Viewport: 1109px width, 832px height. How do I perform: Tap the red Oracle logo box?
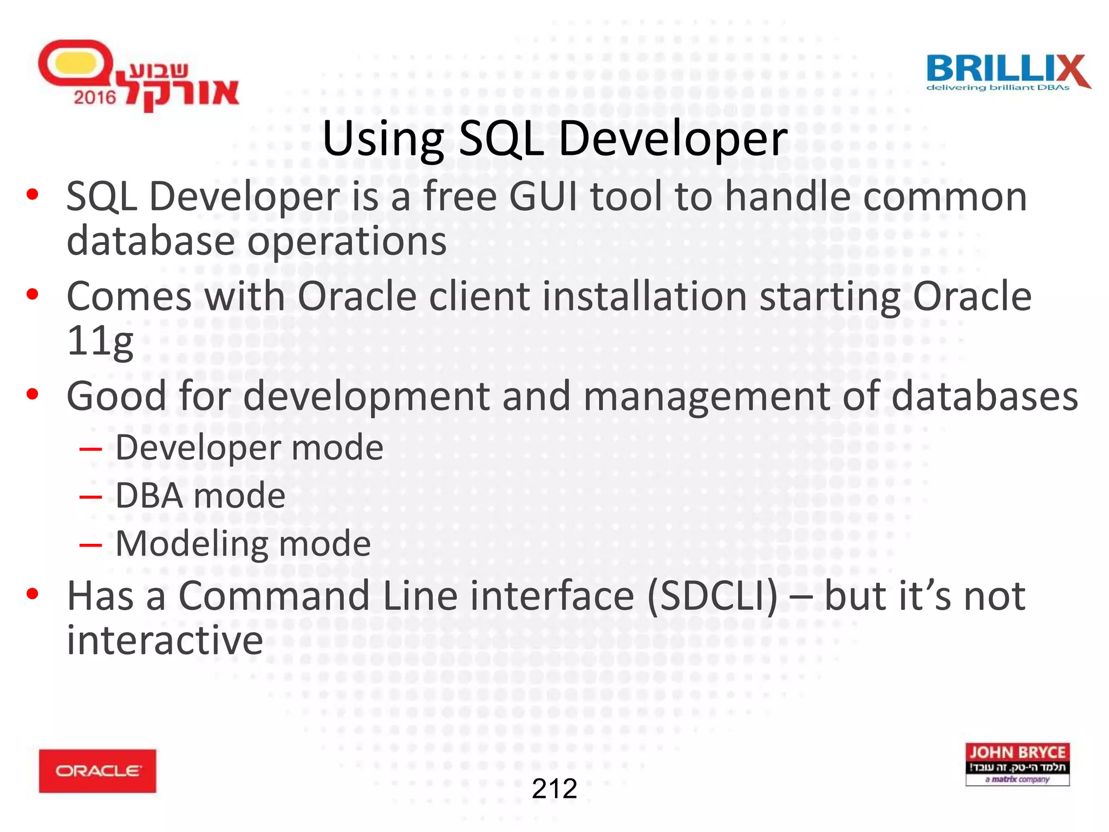pos(97,771)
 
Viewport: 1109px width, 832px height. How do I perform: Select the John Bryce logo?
pos(1017,764)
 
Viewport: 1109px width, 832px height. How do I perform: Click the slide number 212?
pos(554,789)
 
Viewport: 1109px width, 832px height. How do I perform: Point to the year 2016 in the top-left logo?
pos(95,97)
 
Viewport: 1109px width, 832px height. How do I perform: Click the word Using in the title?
pos(383,139)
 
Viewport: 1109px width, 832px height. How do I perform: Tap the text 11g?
pos(100,341)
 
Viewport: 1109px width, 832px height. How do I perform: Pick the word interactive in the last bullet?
pos(165,640)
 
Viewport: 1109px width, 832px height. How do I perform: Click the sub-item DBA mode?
pos(200,495)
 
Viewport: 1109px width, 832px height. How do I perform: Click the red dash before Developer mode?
pos(90,448)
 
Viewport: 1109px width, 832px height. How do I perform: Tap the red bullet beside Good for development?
pos(32,394)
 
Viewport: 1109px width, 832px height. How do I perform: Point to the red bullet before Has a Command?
pos(32,594)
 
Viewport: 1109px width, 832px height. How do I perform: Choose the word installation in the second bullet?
pos(644,296)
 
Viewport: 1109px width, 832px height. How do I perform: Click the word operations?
pos(347,241)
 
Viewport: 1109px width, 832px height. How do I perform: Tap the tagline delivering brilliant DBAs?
pos(997,88)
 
